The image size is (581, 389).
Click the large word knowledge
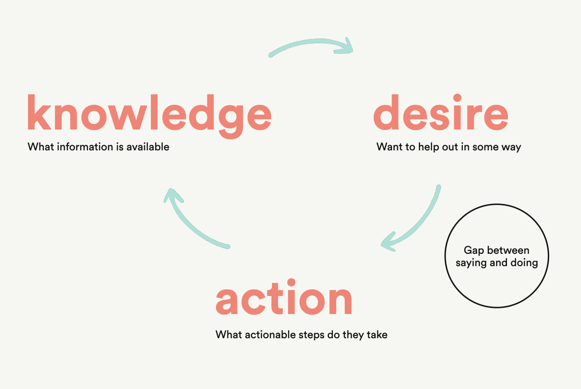(x=150, y=117)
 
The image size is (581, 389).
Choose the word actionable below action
(x=270, y=334)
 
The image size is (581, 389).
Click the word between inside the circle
(x=508, y=250)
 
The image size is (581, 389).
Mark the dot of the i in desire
(x=457, y=98)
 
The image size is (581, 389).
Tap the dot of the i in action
(x=291, y=282)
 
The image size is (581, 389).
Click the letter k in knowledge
(x=39, y=112)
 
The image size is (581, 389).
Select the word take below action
(x=377, y=334)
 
